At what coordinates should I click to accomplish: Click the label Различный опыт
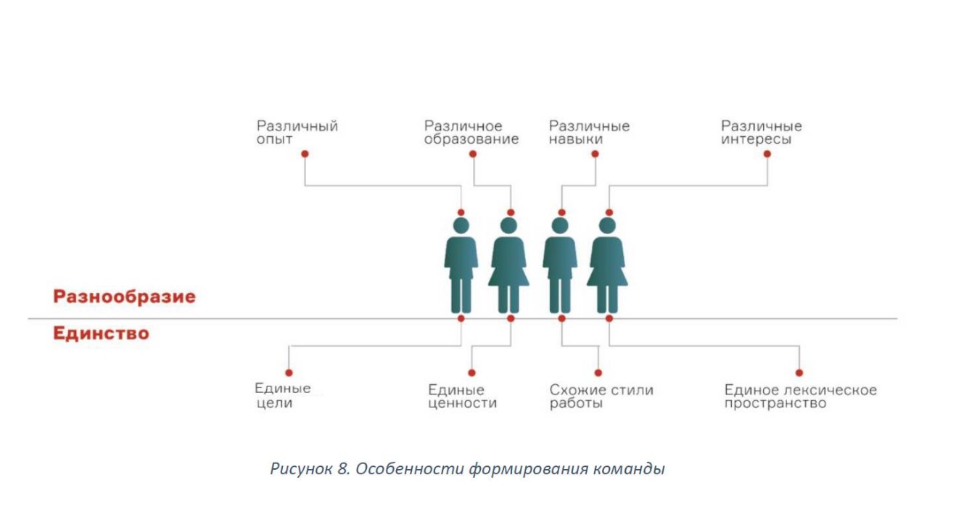(297, 133)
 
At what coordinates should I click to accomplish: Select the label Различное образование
(471, 133)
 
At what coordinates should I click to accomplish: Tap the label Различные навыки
(589, 133)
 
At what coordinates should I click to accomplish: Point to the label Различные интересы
(761, 133)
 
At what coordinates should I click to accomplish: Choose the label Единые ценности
(462, 397)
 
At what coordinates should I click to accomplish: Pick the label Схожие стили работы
(601, 397)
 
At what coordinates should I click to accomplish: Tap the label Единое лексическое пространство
(800, 397)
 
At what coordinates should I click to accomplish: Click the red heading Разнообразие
(124, 297)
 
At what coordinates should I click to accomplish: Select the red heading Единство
(101, 333)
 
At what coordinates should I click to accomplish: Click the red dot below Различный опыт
(305, 154)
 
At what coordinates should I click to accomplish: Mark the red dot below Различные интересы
(767, 154)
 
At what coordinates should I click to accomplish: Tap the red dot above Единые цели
(289, 372)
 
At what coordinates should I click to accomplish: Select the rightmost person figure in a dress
(607, 265)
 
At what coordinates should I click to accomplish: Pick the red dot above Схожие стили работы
(598, 372)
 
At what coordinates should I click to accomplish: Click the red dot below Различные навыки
(595, 154)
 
